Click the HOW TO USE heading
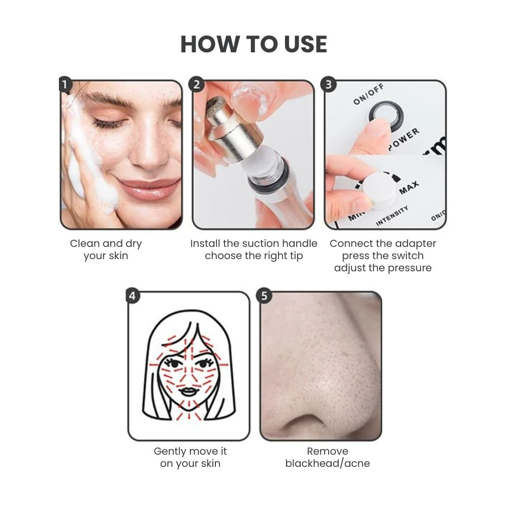[x=253, y=44]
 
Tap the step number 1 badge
[x=64, y=84]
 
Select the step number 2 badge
[x=196, y=84]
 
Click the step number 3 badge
[x=329, y=84]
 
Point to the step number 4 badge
[x=132, y=296]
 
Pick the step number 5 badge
[x=264, y=296]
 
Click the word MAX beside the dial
[x=409, y=187]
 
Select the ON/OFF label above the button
[x=369, y=94]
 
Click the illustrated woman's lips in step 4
[x=188, y=392]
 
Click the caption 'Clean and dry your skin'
[x=106, y=249]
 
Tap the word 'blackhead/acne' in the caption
[x=327, y=463]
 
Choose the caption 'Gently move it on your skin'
[x=190, y=457]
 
